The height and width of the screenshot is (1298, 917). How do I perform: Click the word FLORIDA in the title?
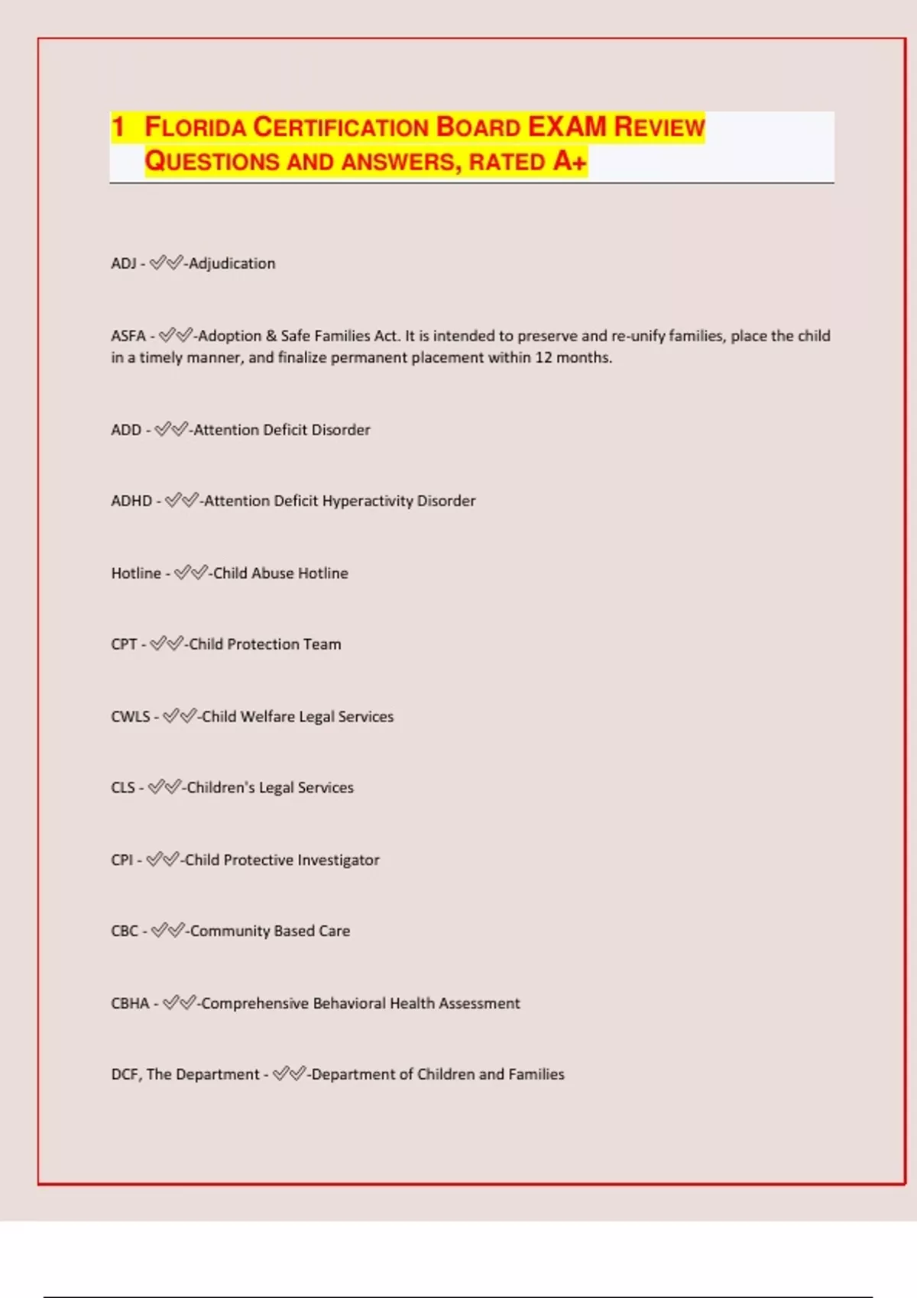click(195, 127)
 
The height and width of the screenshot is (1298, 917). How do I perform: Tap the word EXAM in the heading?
click(567, 127)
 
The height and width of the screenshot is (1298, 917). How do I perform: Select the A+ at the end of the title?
click(570, 161)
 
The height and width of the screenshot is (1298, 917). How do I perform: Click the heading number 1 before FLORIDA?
click(118, 127)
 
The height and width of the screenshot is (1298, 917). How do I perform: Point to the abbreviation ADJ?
click(124, 263)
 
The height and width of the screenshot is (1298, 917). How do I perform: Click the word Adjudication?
click(232, 263)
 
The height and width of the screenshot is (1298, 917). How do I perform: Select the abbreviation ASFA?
click(128, 336)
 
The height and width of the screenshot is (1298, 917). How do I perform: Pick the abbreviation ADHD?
click(131, 501)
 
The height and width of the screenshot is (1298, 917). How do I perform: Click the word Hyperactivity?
click(367, 501)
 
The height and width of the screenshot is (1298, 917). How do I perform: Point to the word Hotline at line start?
click(136, 573)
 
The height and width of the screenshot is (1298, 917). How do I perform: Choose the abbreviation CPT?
click(124, 644)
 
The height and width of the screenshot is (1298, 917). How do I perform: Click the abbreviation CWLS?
click(131, 717)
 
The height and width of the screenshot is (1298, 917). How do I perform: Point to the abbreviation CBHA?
click(130, 1003)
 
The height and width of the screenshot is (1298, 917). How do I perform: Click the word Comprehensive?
click(254, 1003)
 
